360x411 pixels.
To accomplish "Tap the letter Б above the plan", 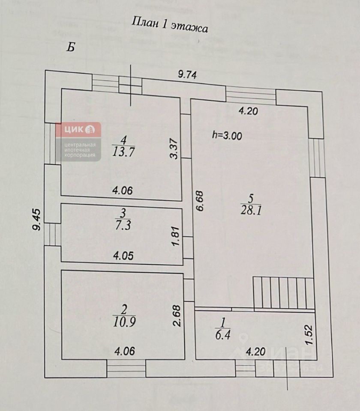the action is tap(71, 47).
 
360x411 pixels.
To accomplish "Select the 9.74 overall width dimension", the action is tap(187, 74).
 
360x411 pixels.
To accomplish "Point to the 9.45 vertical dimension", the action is tap(37, 220).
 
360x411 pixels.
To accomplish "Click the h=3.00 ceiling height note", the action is tap(227, 136).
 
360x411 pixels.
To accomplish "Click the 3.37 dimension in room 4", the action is tap(174, 149).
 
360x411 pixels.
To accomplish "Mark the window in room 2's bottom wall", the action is tap(126, 369).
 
